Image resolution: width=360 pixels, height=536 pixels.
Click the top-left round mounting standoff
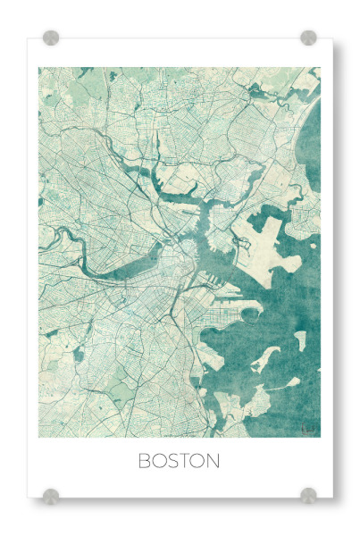click(x=51, y=38)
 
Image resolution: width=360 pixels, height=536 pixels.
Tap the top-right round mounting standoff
click(x=308, y=38)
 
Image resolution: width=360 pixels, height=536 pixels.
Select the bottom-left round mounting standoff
click(x=51, y=495)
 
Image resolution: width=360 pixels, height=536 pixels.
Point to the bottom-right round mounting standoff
click(x=308, y=495)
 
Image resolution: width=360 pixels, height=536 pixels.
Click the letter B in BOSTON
click(x=145, y=462)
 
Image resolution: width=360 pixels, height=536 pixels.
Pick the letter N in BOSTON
click(x=213, y=462)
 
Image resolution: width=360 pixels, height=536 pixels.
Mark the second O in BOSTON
click(x=198, y=462)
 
